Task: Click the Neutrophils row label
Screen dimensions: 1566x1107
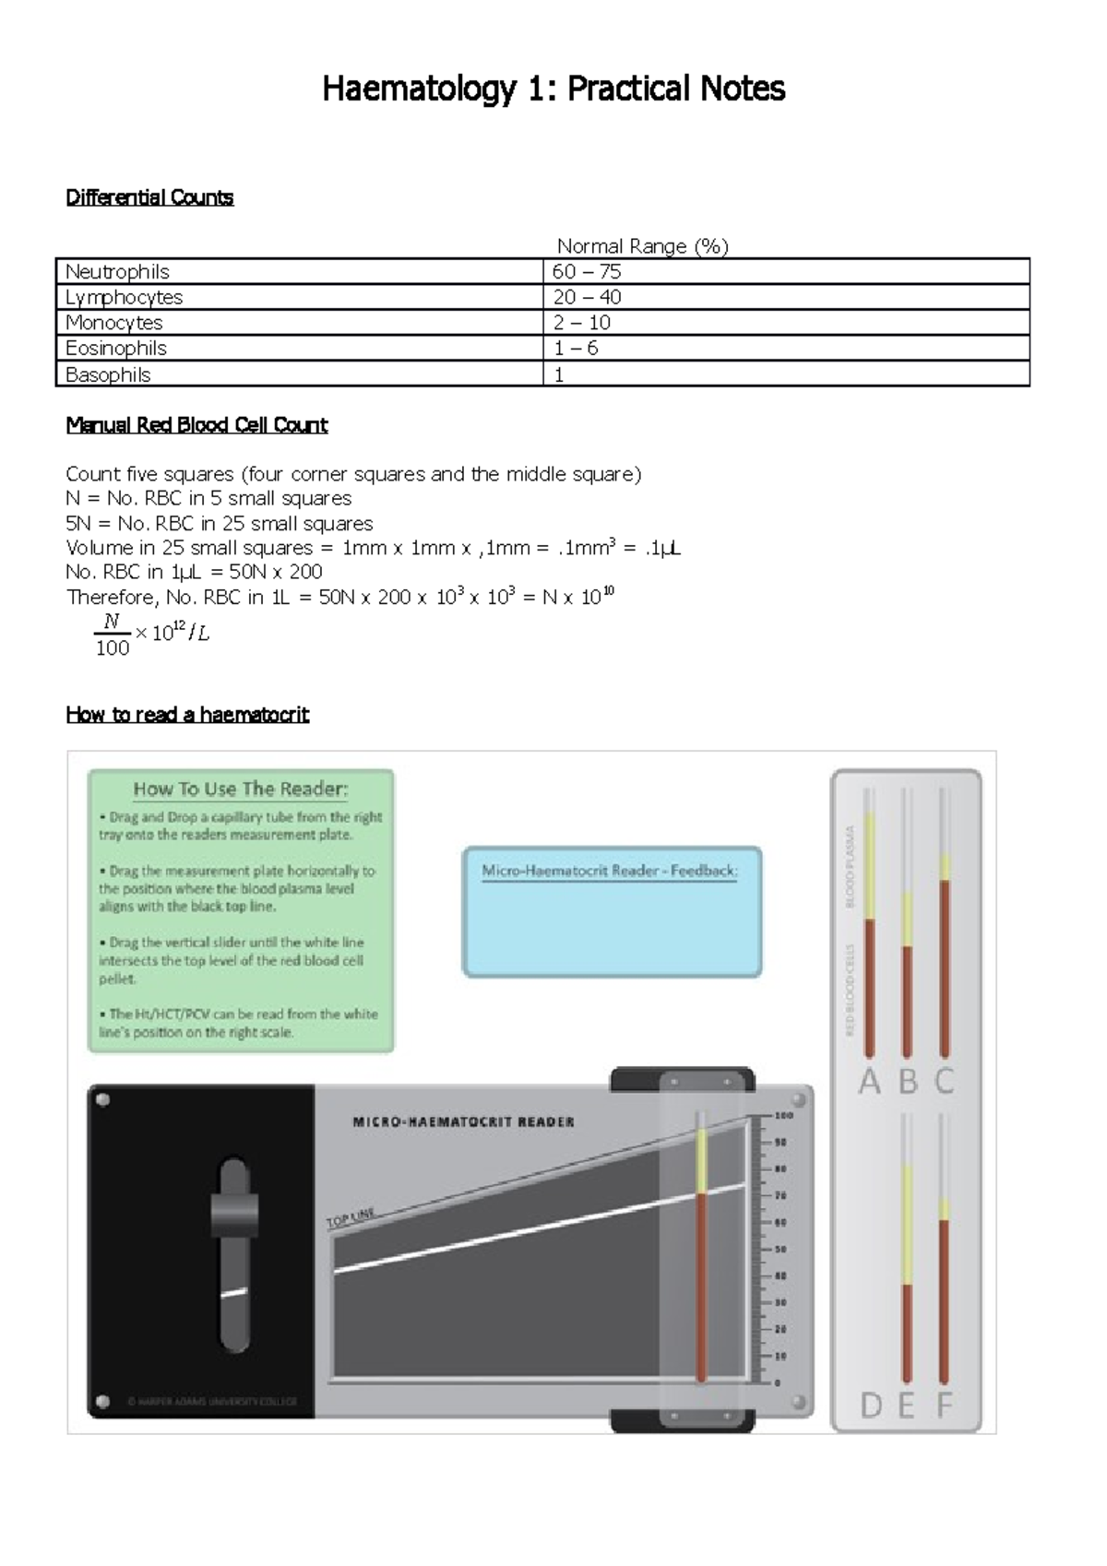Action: tap(117, 272)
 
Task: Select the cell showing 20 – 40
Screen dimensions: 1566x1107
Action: tap(587, 297)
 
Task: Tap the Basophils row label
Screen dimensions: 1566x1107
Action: tap(108, 374)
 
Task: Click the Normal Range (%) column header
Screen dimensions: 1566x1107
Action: tap(642, 246)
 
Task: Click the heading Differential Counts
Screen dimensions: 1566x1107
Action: tap(149, 197)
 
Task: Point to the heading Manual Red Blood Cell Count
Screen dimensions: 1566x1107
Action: tap(196, 425)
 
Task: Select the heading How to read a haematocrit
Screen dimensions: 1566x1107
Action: tap(187, 715)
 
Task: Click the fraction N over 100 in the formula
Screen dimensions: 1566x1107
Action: tap(112, 635)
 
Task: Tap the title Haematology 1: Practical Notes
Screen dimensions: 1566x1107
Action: tap(553, 89)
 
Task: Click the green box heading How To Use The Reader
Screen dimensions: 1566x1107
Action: tap(241, 789)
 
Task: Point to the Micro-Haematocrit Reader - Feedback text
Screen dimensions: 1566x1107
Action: tap(610, 871)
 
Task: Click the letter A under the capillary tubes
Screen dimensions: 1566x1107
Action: tap(869, 1081)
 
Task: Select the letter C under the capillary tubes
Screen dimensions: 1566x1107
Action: tap(944, 1081)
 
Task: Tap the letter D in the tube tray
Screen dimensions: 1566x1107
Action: tap(871, 1406)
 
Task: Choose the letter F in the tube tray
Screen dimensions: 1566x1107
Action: tap(944, 1406)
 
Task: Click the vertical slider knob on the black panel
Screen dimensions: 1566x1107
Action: tap(234, 1215)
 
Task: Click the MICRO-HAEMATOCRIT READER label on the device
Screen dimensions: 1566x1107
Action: tap(463, 1122)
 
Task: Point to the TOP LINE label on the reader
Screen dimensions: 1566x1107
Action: tap(351, 1219)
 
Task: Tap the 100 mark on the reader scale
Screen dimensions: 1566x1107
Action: tap(784, 1116)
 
